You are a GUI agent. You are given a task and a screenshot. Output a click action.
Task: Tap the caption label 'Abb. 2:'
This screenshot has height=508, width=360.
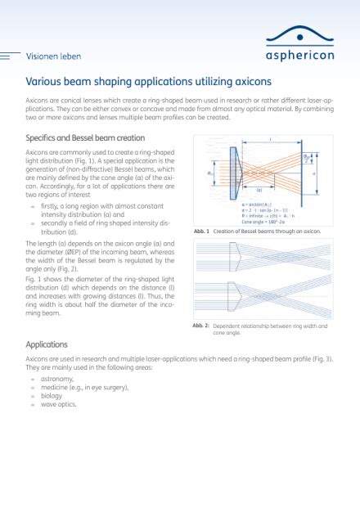pos(202,325)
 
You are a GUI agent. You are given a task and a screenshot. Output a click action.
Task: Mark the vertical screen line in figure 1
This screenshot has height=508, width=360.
pos(310,173)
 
